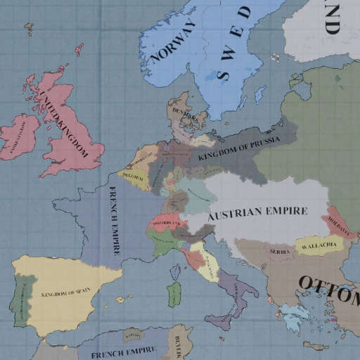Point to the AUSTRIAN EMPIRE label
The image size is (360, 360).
(258, 211)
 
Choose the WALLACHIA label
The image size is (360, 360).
(318, 247)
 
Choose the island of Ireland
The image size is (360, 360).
(21, 137)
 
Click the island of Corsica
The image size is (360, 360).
(174, 266)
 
